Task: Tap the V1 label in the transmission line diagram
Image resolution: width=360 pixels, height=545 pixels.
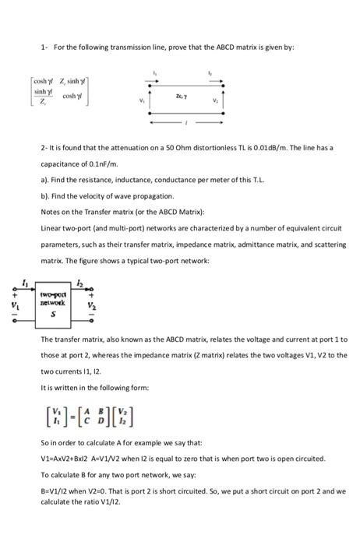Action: (x=141, y=101)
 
